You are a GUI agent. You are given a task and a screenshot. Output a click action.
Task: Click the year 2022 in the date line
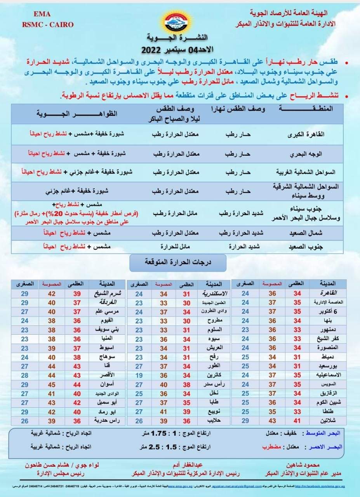tap(153, 50)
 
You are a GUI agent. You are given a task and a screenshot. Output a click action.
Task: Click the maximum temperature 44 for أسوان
tap(77, 384)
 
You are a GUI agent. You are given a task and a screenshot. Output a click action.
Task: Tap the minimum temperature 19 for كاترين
tap(139, 375)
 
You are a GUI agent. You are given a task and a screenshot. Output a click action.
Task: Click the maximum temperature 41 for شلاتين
tap(297, 421)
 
